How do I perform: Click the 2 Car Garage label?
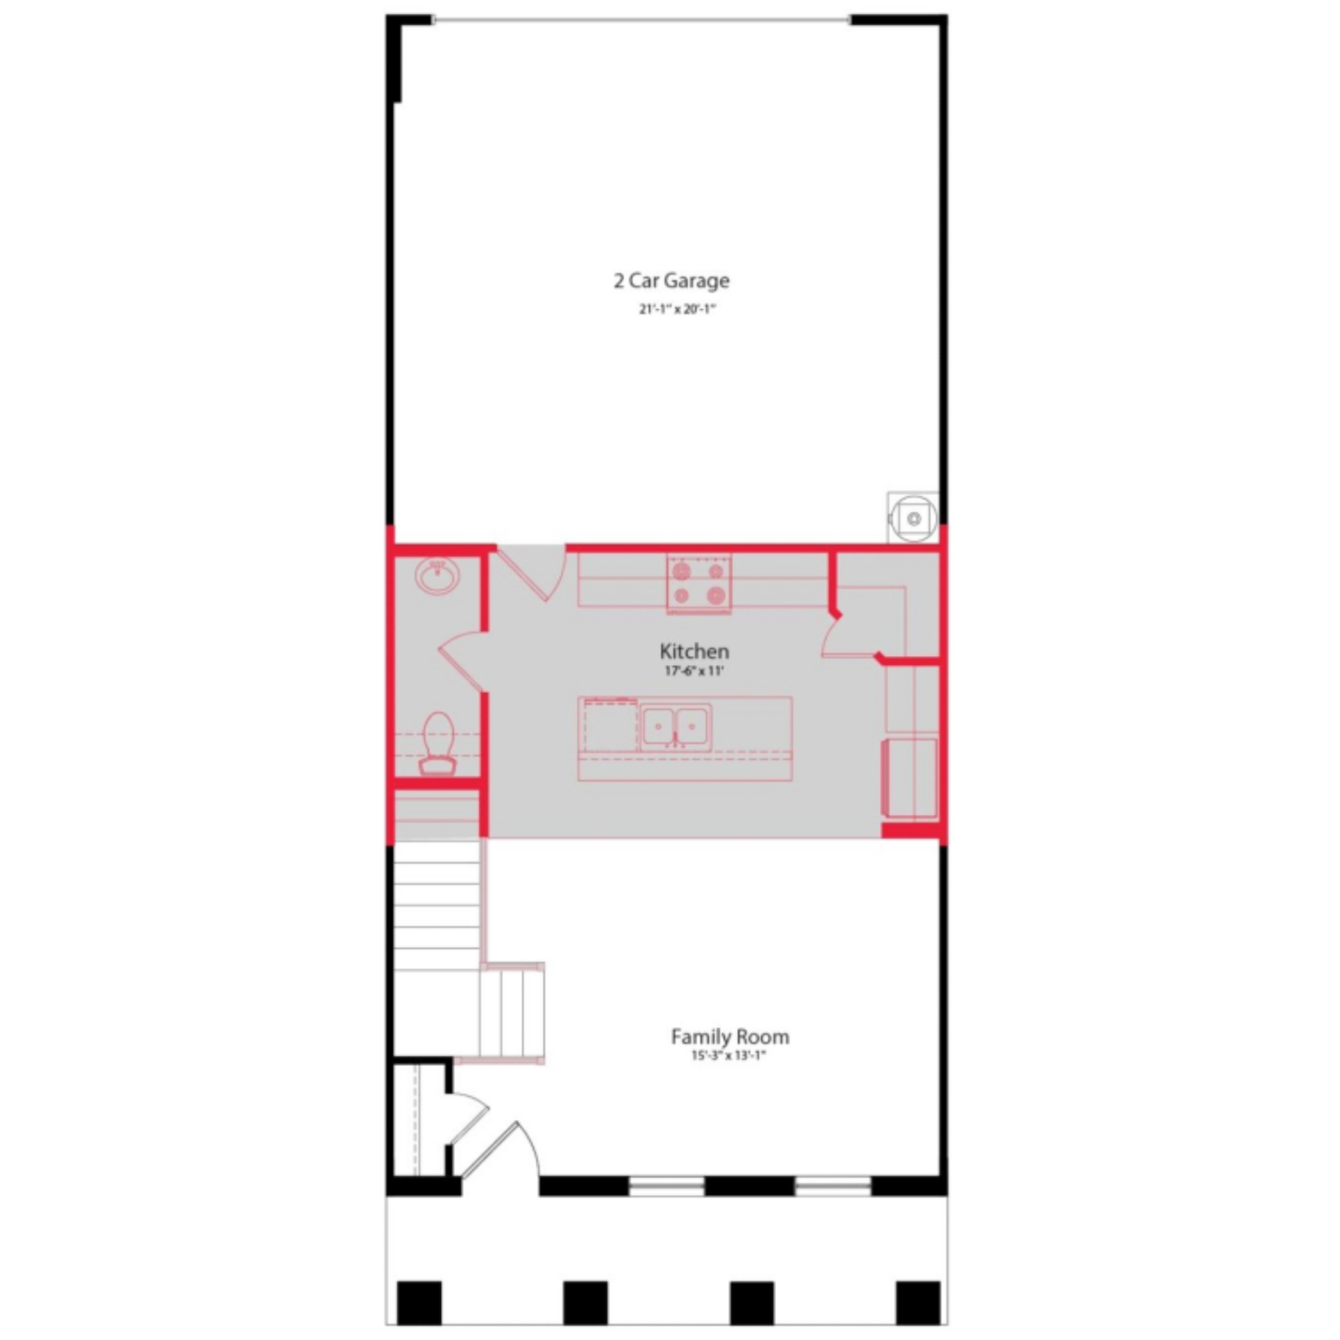[671, 281]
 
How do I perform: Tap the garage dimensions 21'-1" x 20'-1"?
[678, 309]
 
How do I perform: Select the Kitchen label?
[694, 651]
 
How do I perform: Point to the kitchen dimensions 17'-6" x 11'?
[694, 671]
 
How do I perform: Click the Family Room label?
[730, 1036]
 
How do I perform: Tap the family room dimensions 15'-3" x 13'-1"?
[729, 1055]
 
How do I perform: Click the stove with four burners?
[699, 583]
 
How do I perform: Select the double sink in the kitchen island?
[676, 727]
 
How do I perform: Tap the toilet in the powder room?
[438, 743]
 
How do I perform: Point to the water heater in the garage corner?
[913, 517]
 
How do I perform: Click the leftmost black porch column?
[419, 1302]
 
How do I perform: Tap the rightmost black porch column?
[918, 1302]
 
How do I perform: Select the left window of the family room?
[667, 1186]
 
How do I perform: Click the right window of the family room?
[833, 1186]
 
